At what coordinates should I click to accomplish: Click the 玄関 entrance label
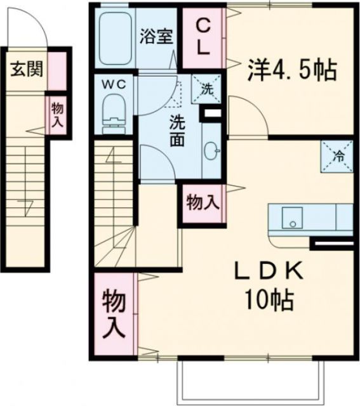(x=26, y=69)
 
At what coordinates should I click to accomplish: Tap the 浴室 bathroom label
(x=156, y=36)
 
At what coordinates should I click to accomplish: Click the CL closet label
(x=203, y=37)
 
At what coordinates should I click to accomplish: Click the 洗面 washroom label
(x=177, y=130)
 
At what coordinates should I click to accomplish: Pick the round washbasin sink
(x=211, y=150)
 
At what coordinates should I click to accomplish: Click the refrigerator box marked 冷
(x=337, y=154)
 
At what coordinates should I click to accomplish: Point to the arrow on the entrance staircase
(x=25, y=204)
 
